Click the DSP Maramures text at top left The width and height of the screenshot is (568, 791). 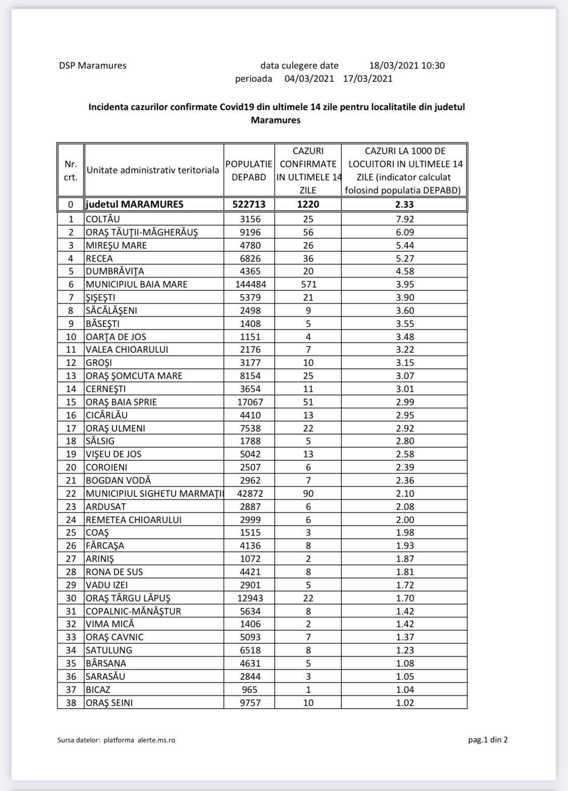(x=92, y=66)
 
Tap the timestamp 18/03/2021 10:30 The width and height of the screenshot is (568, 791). (x=407, y=66)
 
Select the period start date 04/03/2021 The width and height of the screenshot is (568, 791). (x=309, y=79)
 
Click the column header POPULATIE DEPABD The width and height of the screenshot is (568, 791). (x=249, y=171)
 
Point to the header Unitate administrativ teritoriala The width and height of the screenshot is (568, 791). (x=153, y=170)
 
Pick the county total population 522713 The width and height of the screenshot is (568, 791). (x=249, y=205)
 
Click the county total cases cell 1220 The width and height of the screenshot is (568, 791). (x=308, y=205)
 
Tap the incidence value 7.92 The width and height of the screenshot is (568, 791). (x=405, y=219)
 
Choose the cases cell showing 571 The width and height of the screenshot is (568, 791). (x=308, y=285)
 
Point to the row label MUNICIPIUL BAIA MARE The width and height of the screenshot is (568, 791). (x=136, y=285)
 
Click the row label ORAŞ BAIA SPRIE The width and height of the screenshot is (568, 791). (x=121, y=402)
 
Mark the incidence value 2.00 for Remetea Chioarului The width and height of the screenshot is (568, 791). (x=405, y=520)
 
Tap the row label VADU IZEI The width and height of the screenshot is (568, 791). (x=107, y=585)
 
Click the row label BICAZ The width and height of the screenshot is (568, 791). (x=98, y=690)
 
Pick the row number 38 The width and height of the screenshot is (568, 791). (x=71, y=703)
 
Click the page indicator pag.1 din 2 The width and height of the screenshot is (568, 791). (x=488, y=740)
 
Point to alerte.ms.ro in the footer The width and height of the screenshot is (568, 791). (x=156, y=740)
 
